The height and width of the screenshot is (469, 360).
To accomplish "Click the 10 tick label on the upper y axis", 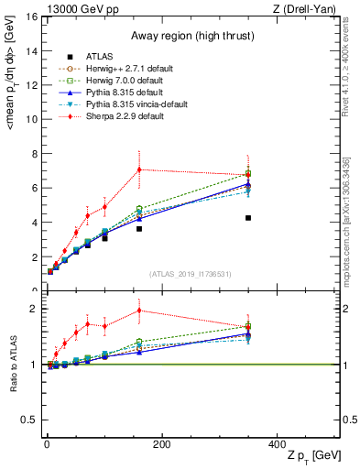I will tap(30, 119).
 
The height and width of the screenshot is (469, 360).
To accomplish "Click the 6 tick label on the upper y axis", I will tap(33, 188).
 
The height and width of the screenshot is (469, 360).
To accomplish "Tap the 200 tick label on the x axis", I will tap(161, 444).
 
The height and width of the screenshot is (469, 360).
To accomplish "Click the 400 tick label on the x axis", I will tap(276, 444).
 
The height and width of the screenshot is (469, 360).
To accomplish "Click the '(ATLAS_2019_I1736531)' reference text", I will tap(191, 274).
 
